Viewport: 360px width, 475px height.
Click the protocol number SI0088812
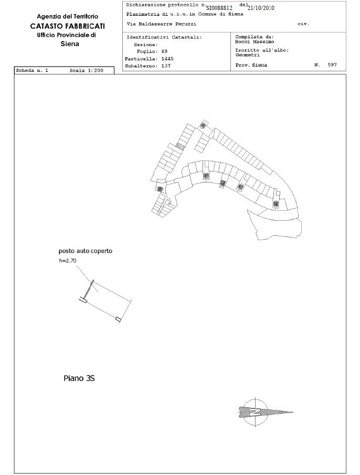tap(219, 8)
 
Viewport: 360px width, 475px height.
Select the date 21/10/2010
tap(261, 8)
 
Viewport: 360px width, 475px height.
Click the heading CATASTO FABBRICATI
tap(67, 26)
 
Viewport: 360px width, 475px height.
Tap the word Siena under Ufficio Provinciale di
tap(70, 44)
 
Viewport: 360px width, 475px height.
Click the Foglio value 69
tap(164, 51)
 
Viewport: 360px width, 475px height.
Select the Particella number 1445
tap(166, 59)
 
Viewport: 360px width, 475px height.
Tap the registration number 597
tap(332, 65)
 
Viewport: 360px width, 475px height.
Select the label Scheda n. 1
tap(32, 70)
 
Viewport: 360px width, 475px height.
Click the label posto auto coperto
tap(85, 251)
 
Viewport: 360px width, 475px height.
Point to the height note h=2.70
tap(68, 261)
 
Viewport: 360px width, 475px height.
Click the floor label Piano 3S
tap(79, 377)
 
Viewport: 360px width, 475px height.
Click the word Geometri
tap(247, 55)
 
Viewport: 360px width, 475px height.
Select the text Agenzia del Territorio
tap(67, 17)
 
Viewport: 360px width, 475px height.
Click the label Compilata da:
tap(255, 37)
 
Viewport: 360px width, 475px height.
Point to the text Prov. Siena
tap(251, 65)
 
